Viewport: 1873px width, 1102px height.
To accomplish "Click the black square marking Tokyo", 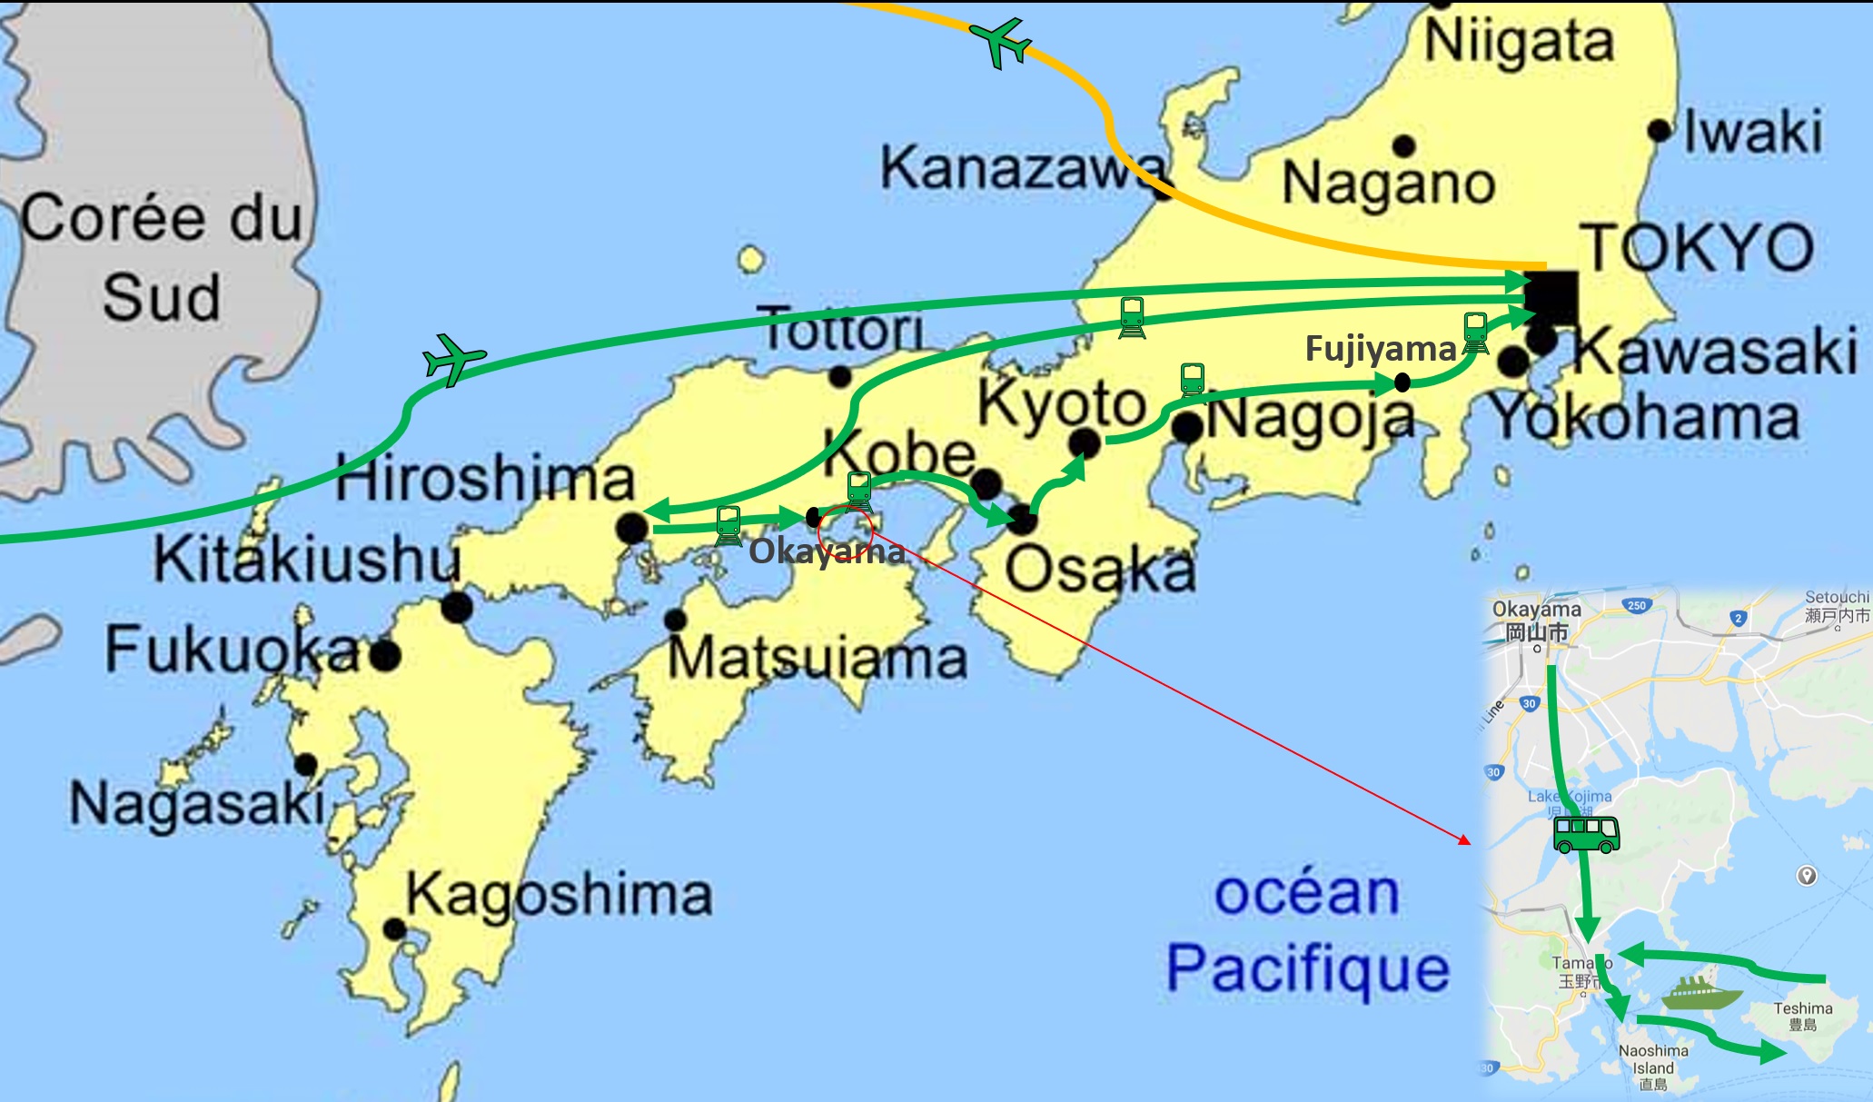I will tap(1551, 297).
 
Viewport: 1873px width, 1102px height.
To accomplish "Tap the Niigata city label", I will tap(1519, 42).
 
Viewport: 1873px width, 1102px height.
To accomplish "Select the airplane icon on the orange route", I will tap(1001, 42).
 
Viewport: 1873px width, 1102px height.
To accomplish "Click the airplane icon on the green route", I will tap(453, 358).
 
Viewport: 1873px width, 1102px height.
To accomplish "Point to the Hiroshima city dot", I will tap(631, 528).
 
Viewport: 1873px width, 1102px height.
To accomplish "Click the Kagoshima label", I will tap(559, 895).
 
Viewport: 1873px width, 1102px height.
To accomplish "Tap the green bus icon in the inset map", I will tap(1586, 834).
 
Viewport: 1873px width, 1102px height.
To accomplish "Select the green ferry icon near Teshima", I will tap(1701, 993).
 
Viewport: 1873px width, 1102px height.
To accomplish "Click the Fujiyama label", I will tap(1380, 349).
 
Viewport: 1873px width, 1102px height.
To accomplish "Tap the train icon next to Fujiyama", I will tap(1475, 333).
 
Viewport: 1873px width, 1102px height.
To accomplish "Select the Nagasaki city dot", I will tap(306, 765).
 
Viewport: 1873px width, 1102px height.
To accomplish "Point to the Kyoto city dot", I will tap(1085, 443).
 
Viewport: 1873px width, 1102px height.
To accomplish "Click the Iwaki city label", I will tap(1752, 132).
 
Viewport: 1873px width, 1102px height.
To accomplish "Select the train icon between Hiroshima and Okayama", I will tap(728, 525).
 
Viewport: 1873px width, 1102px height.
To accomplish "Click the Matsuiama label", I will tap(818, 658).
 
